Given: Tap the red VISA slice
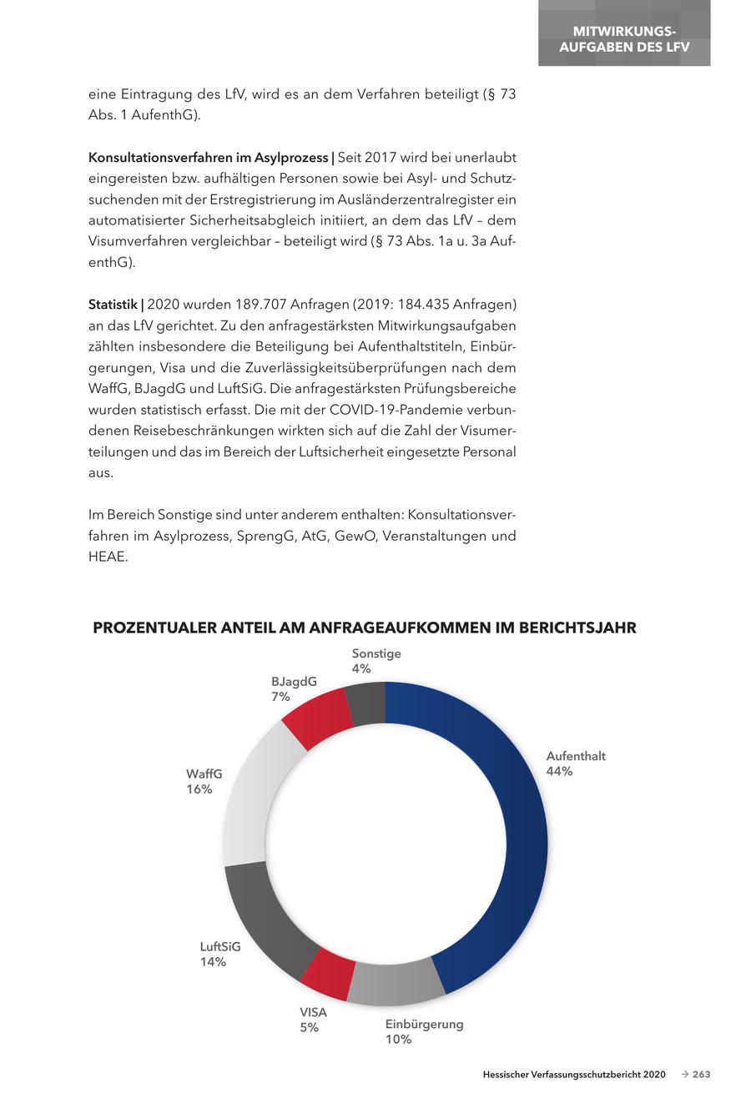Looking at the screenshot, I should (326, 974).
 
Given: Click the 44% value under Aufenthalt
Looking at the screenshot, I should (559, 771).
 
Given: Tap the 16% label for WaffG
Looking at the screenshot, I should (199, 789).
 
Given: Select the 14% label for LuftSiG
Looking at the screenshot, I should (213, 961).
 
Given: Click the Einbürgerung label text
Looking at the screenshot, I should (424, 1024).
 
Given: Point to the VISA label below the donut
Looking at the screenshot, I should (314, 1012).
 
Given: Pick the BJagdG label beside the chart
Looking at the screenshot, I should (294, 681).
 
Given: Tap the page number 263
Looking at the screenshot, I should (702, 1075).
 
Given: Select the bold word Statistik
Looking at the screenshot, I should (113, 305).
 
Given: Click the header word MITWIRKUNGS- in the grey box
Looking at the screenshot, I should (624, 32).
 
